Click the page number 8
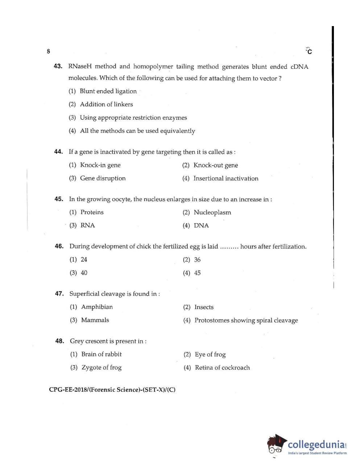[48, 51]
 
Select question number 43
[58, 66]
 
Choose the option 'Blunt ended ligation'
[108, 91]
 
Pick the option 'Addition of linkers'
[106, 104]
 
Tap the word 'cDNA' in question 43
[299, 67]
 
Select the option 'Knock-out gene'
[215, 165]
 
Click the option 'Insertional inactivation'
[225, 178]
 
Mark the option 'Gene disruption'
[103, 178]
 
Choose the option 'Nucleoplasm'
[212, 212]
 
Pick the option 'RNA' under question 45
[87, 225]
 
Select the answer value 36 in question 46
[197, 260]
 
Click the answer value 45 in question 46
[197, 273]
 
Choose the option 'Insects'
[204, 307]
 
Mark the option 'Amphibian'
[97, 307]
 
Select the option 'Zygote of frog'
[101, 367]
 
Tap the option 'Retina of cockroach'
[222, 367]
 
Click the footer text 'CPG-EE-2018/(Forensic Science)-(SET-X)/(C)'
[112, 390]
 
